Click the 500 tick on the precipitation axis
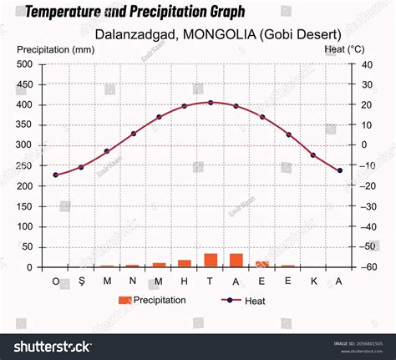25,64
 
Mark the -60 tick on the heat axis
368,267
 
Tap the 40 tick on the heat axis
366,64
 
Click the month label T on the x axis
211,281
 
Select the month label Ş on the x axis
81,281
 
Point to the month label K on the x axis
313,281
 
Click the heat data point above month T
211,103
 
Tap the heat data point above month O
56,175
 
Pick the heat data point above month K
313,155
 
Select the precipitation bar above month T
211,261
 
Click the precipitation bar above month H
185,263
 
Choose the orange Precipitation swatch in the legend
125,300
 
